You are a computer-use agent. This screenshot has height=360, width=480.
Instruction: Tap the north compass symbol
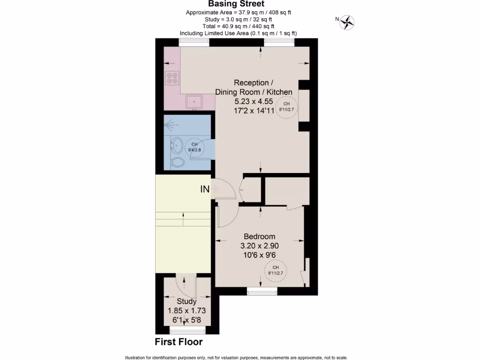point(347,21)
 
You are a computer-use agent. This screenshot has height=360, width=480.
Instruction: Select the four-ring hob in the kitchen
point(172,77)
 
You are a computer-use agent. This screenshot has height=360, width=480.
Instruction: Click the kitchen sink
point(194,101)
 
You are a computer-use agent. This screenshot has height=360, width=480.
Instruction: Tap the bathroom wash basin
point(177,146)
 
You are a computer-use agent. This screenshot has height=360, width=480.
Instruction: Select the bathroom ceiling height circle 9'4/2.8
point(195,147)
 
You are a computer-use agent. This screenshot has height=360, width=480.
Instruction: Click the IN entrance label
point(205,189)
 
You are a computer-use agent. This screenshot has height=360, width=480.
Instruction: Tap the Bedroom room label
point(259,236)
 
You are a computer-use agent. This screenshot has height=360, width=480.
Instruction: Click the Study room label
point(187,301)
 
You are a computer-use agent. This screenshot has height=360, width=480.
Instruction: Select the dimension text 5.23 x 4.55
point(254,101)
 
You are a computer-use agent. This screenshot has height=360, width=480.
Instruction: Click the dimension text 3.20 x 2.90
point(259,246)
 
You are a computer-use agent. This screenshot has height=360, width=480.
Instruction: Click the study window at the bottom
point(187,331)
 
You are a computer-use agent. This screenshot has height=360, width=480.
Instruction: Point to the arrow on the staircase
point(183,216)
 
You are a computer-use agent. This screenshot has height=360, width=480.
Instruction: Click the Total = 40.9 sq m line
point(240,26)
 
